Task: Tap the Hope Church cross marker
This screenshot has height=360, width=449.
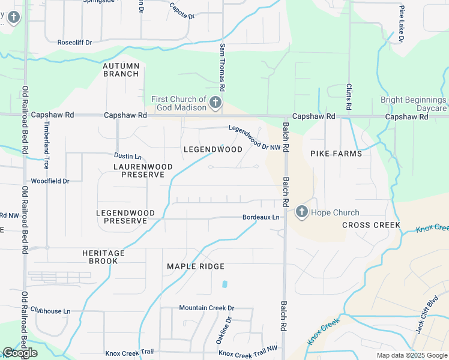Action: pyautogui.click(x=301, y=212)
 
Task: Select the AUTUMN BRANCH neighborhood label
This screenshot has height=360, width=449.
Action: pyautogui.click(x=121, y=70)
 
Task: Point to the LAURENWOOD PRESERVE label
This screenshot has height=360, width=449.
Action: pyautogui.click(x=143, y=170)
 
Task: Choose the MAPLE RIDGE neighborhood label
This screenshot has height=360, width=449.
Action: pyautogui.click(x=196, y=266)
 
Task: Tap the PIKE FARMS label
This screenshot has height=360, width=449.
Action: pyautogui.click(x=336, y=154)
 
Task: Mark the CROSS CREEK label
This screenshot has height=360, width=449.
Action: pyautogui.click(x=371, y=225)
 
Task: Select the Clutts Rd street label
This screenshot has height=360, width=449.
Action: pyautogui.click(x=349, y=97)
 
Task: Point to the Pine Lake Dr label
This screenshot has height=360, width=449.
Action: pyautogui.click(x=402, y=23)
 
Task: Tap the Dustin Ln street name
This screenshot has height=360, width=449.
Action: pyautogui.click(x=128, y=156)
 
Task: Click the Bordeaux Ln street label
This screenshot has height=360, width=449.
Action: pyautogui.click(x=261, y=217)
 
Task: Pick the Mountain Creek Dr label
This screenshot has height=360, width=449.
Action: pyautogui.click(x=206, y=308)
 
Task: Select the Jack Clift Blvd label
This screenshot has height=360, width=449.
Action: pyautogui.click(x=427, y=330)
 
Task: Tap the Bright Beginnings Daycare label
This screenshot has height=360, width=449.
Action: pyautogui.click(x=414, y=104)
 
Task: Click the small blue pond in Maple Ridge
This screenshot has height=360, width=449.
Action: pyautogui.click(x=224, y=284)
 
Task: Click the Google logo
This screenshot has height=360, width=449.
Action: pyautogui.click(x=20, y=353)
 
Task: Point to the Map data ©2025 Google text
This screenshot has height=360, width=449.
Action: pyautogui.click(x=411, y=355)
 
